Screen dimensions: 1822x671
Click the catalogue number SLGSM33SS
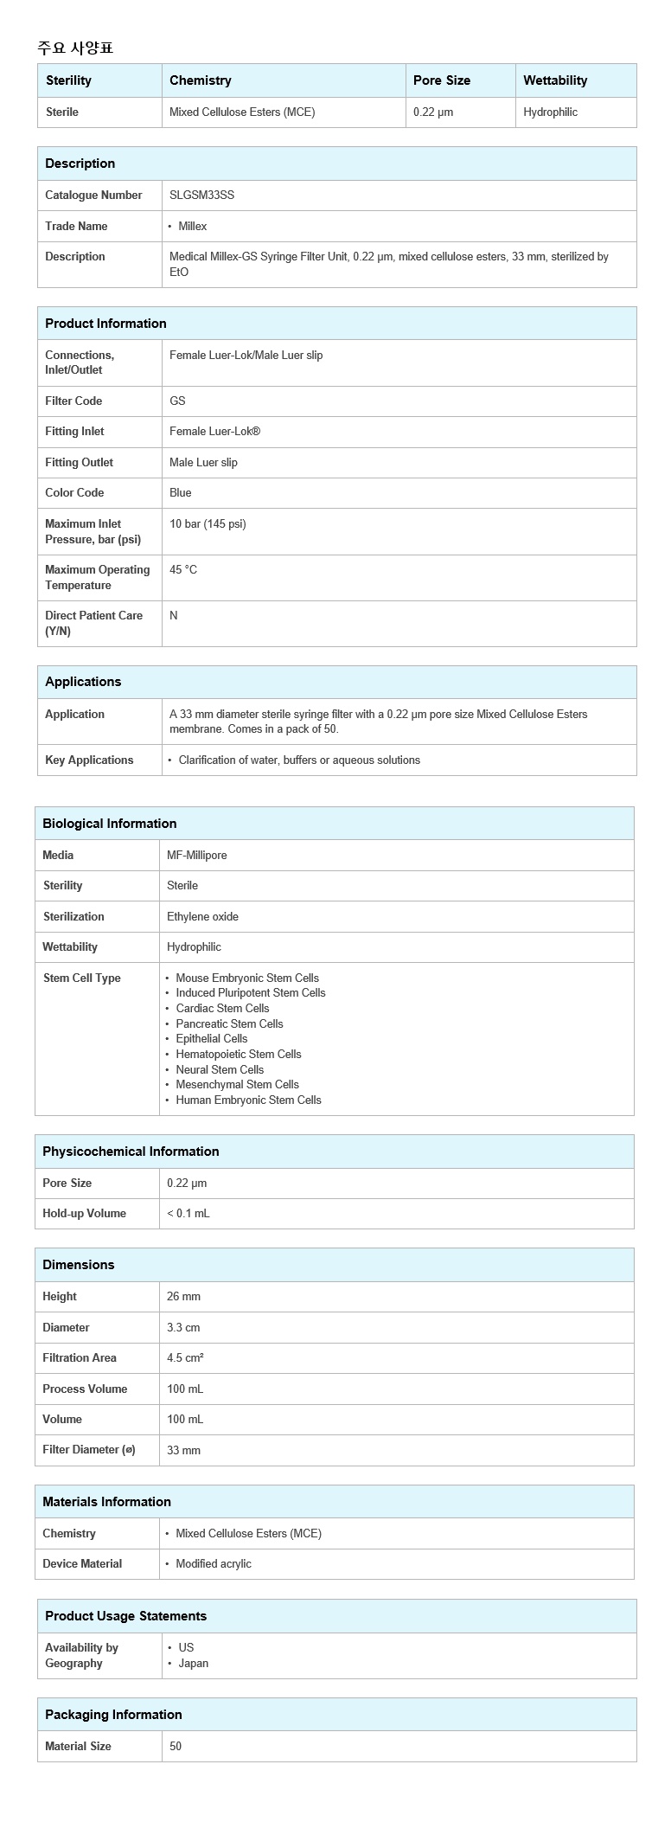201,196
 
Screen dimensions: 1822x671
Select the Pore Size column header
442,80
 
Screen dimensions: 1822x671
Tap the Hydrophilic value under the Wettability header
550,112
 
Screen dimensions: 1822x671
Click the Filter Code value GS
177,401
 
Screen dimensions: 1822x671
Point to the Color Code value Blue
181,493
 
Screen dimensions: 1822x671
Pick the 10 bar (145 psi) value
208,524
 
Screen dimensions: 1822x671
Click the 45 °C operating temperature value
183,570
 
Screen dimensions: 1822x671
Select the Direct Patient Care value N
174,616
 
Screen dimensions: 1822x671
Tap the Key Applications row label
89,760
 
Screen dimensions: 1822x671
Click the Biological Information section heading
109,824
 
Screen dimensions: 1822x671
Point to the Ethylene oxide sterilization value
202,917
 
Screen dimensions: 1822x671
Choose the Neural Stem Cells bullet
220,1070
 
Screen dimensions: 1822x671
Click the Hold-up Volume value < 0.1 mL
189,1214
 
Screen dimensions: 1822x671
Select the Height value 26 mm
183,1297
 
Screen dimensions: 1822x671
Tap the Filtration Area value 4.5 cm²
185,1358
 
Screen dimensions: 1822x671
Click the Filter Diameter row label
89,1450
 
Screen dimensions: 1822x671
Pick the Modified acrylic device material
214,1564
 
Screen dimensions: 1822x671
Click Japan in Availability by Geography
193,1664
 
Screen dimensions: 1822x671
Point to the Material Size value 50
176,1747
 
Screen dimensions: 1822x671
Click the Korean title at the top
75,48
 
